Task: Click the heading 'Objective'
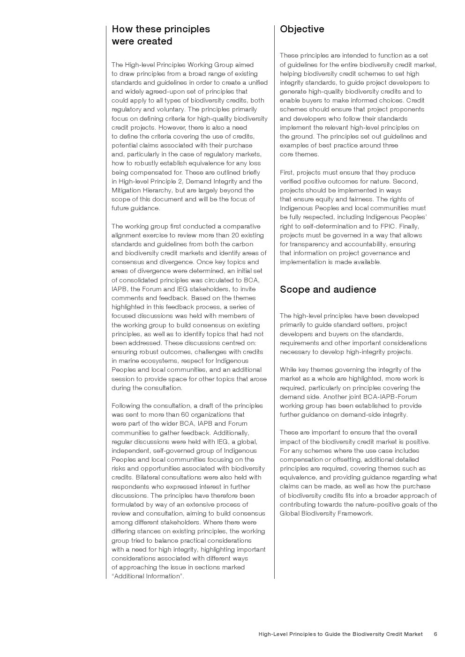tap(302, 29)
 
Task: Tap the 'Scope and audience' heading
tap(328, 289)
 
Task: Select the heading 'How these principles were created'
tap(161, 35)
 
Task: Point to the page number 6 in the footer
tap(435, 634)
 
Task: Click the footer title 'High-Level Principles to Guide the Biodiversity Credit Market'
tap(340, 634)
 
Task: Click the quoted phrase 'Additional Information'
tap(147, 576)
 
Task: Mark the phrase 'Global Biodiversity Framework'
tap(326, 513)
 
